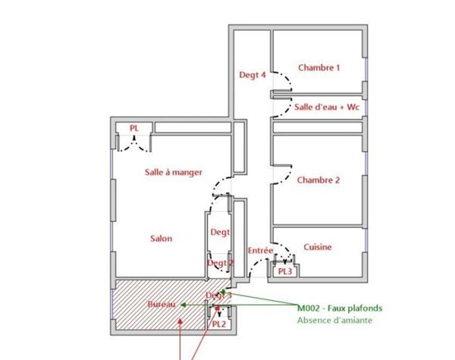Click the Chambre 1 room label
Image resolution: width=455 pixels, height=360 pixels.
(x=318, y=67)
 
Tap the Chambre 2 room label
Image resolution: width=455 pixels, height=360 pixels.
(x=318, y=180)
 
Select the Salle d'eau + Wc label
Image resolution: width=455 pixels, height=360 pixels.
(x=327, y=108)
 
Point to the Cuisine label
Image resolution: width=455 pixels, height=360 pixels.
(x=317, y=247)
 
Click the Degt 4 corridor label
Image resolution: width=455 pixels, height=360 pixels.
(x=253, y=75)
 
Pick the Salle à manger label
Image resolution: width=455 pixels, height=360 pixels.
(x=174, y=172)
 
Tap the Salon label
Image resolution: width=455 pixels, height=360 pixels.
(x=161, y=238)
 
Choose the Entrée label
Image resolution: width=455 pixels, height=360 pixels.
(x=260, y=250)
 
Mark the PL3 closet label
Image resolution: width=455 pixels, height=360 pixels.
(x=285, y=271)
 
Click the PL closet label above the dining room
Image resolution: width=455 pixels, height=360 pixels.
(x=134, y=128)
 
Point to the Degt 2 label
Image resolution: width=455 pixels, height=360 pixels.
(x=221, y=263)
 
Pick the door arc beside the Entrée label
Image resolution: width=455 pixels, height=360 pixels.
(x=284, y=249)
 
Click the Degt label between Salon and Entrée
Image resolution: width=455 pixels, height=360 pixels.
(x=220, y=233)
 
